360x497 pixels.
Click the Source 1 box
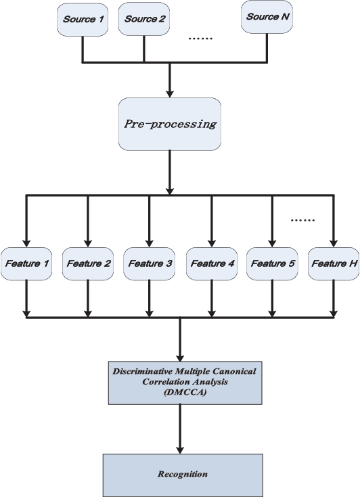pyautogui.click(x=83, y=19)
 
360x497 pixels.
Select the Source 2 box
pyautogui.click(x=143, y=19)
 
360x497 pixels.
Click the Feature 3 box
pyautogui.click(x=149, y=262)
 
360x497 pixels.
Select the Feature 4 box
pyautogui.click(x=211, y=262)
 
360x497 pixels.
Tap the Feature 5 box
pyautogui.click(x=271, y=262)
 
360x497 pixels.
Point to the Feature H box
pyautogui.click(x=333, y=262)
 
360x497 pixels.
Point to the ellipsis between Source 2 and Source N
pyautogui.click(x=200, y=38)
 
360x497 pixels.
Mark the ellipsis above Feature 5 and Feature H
pyautogui.click(x=302, y=219)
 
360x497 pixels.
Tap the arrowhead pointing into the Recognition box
pyautogui.click(x=179, y=449)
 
